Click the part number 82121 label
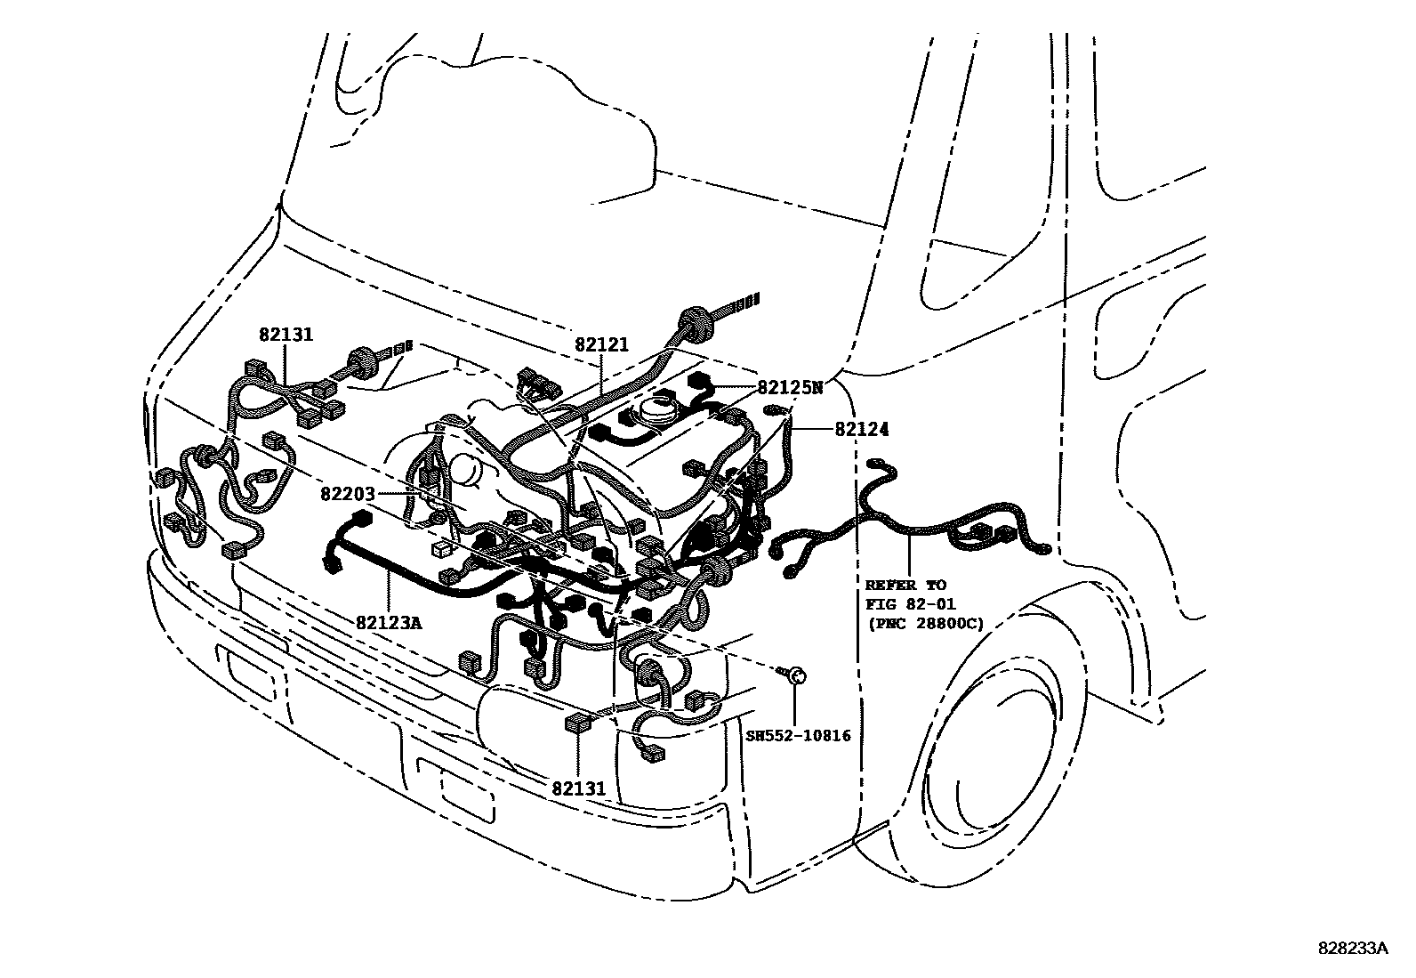coord(601,345)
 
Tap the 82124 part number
coord(861,430)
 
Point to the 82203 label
coord(349,494)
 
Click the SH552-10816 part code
coord(798,735)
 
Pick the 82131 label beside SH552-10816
coord(578,788)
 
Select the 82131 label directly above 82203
coord(286,335)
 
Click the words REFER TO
coord(905,585)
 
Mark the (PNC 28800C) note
coord(925,623)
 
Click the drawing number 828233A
coord(1352,949)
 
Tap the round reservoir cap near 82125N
coord(655,410)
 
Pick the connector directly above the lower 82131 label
coord(577,723)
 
